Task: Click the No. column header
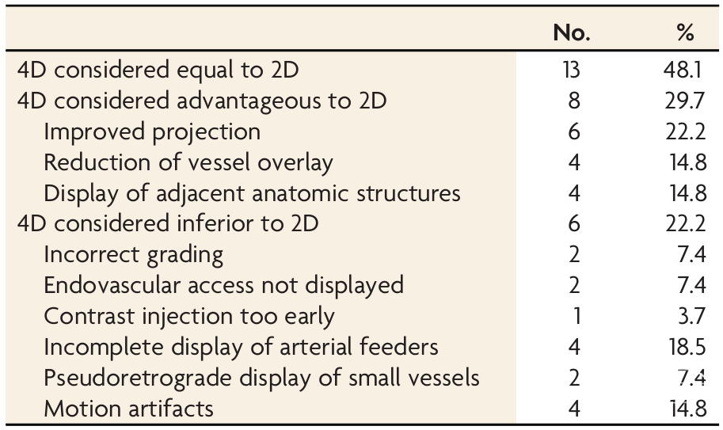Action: pyautogui.click(x=572, y=32)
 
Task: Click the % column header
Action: pyautogui.click(x=685, y=32)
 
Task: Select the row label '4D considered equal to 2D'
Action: pyautogui.click(x=158, y=70)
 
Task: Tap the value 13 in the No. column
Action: pyautogui.click(x=572, y=70)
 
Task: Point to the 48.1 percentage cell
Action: pyautogui.click(x=683, y=70)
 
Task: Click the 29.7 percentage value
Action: pyautogui.click(x=685, y=101)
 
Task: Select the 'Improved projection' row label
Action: pyautogui.click(x=152, y=132)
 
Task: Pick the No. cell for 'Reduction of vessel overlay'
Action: pyautogui.click(x=574, y=162)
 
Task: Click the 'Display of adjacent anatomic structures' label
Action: pyautogui.click(x=252, y=193)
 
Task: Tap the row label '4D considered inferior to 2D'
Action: pyautogui.click(x=168, y=223)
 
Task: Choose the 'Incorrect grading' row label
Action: pyautogui.click(x=134, y=255)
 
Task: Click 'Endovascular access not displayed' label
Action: pyautogui.click(x=223, y=285)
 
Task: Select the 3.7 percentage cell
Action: pyautogui.click(x=691, y=316)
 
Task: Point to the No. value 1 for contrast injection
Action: pyautogui.click(x=576, y=316)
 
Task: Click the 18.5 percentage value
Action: pyautogui.click(x=687, y=347)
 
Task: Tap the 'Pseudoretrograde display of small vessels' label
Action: pyautogui.click(x=261, y=379)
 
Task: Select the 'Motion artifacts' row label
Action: pyautogui.click(x=128, y=409)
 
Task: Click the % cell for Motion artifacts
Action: pyautogui.click(x=689, y=409)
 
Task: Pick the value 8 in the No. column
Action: pyautogui.click(x=574, y=101)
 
